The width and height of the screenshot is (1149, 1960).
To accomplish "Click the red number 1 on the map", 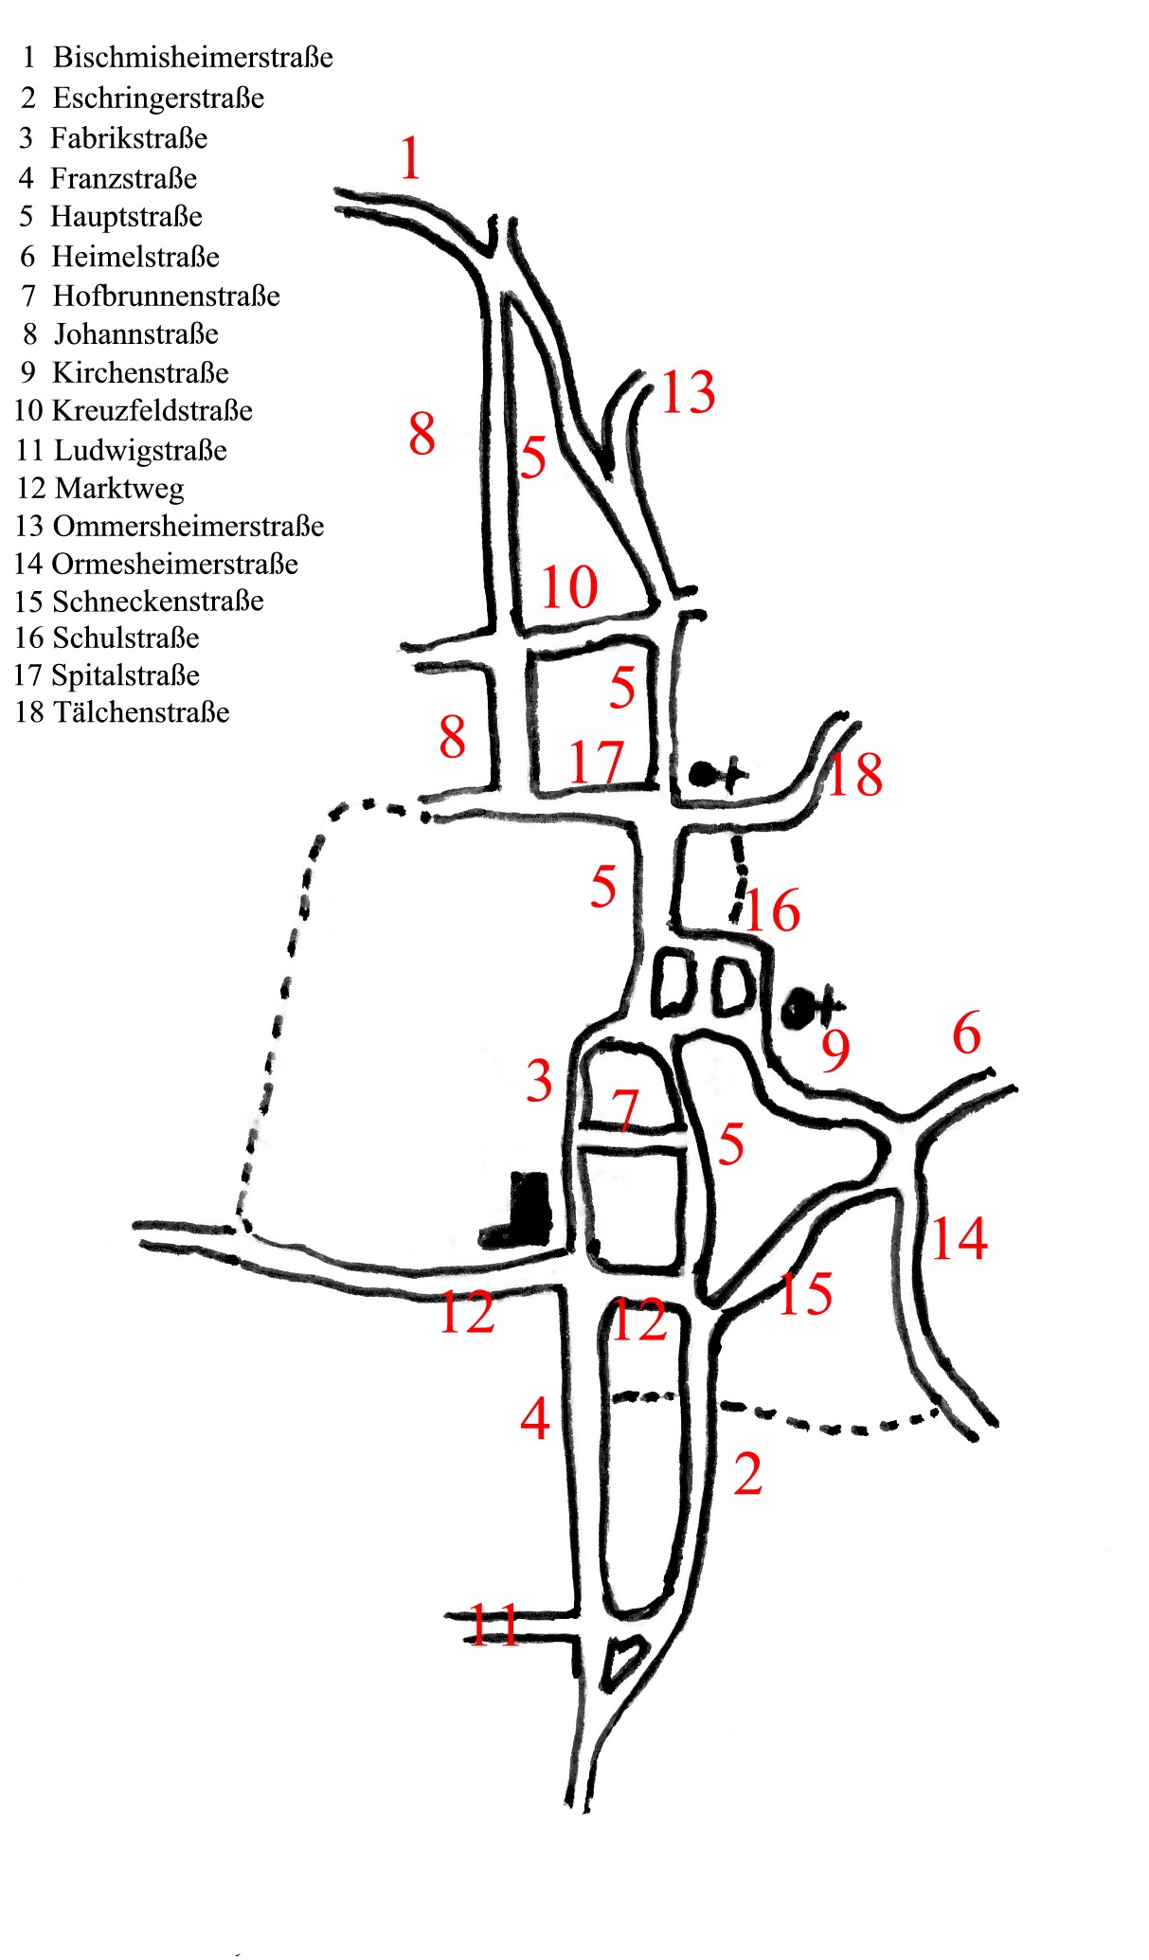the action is (410, 158).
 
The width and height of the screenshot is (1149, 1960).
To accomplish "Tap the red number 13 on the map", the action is (688, 392).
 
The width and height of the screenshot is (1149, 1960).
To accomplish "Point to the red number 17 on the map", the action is (597, 763).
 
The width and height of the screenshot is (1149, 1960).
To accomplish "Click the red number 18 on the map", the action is (854, 774).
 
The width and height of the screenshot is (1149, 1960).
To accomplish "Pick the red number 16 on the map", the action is (772, 911).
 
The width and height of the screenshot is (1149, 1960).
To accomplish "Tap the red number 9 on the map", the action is (835, 1050).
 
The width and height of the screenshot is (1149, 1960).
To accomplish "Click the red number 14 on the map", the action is (959, 1238).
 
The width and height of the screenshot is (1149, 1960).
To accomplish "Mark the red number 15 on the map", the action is (804, 1293).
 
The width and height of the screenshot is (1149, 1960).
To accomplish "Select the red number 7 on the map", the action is (625, 1109).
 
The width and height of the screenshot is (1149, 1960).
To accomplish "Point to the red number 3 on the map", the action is (539, 1081).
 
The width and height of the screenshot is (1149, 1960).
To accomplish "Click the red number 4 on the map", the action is (535, 1418).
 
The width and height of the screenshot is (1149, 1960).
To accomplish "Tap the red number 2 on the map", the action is (747, 1474).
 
